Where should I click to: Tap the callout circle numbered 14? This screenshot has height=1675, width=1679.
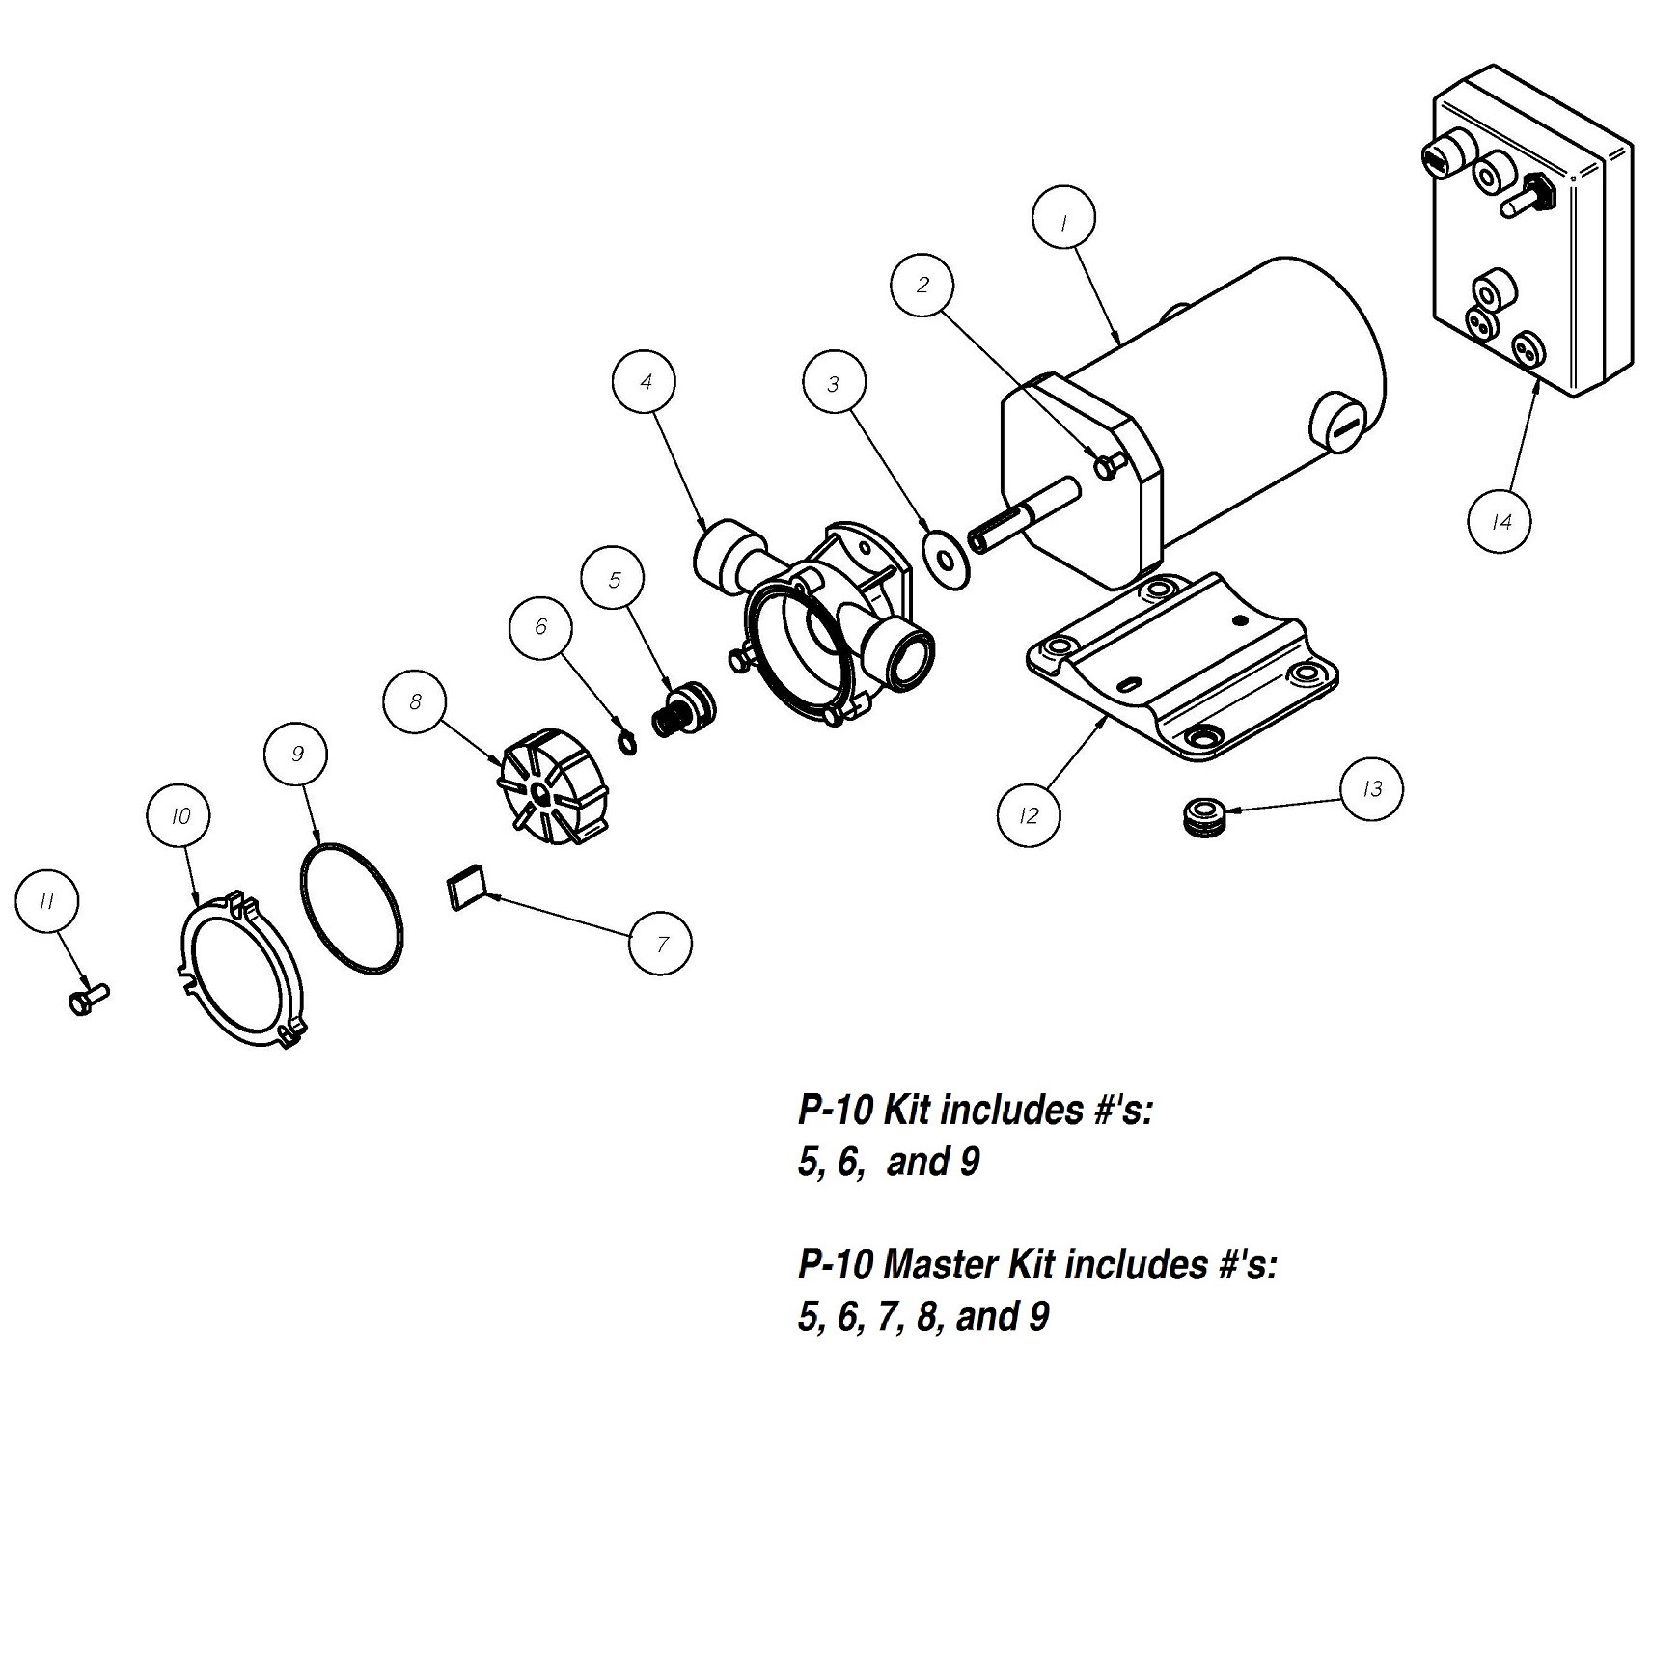[1500, 522]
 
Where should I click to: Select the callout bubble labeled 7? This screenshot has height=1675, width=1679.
[661, 943]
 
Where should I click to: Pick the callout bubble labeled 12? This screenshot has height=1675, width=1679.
[1030, 816]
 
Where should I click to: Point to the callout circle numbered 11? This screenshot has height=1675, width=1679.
[46, 901]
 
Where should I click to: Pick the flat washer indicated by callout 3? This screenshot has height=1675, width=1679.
[947, 560]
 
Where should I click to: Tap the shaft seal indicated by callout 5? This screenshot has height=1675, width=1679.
[684, 708]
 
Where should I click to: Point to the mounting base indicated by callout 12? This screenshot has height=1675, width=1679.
[1183, 669]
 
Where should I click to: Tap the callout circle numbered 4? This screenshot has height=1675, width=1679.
[646, 382]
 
